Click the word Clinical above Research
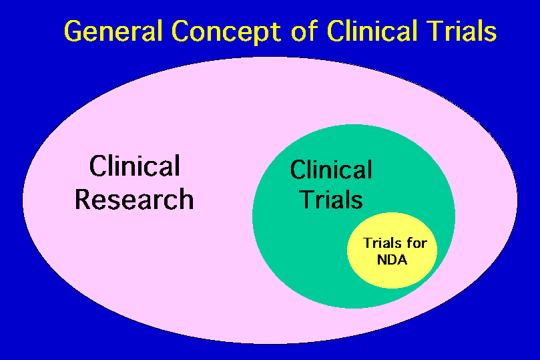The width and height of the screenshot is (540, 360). [x=134, y=166]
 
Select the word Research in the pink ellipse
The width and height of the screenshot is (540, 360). [x=134, y=199]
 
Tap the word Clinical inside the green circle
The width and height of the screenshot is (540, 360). [x=331, y=170]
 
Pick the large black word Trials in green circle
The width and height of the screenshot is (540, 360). [x=331, y=199]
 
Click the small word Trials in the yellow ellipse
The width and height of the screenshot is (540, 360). [x=380, y=243]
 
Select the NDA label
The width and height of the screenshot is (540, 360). [x=392, y=260]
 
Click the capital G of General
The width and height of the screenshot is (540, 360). [x=73, y=31]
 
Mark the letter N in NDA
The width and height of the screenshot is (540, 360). [x=381, y=260]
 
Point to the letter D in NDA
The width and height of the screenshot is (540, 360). [x=392, y=260]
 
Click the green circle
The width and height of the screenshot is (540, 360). [x=294, y=254]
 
